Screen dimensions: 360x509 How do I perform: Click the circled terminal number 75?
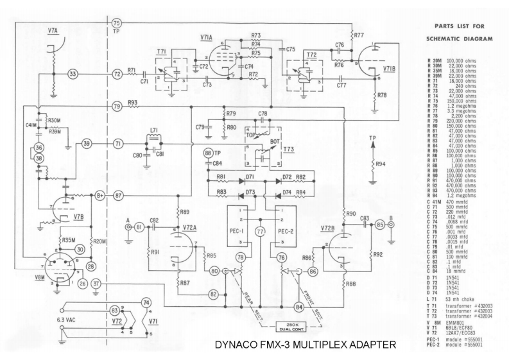click(116, 23)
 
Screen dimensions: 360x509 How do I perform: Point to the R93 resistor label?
click(133, 102)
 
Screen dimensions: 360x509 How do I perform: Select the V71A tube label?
click(207, 37)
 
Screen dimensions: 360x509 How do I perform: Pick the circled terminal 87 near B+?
click(117, 194)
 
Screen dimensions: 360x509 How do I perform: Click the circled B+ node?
click(100, 194)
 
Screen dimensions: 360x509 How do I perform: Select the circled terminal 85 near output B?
click(380, 225)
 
